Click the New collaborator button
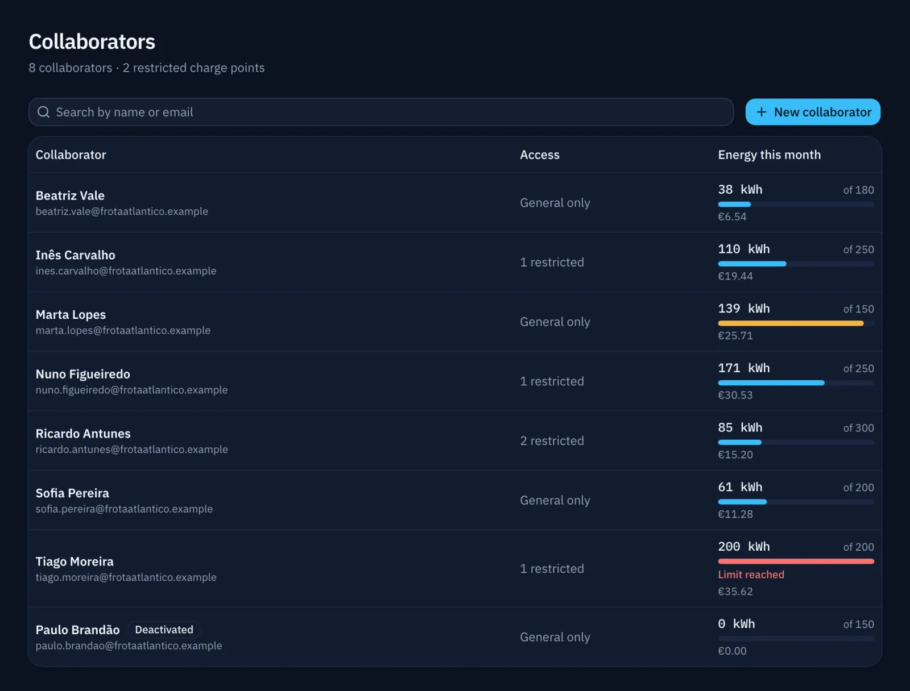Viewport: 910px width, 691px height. click(x=813, y=112)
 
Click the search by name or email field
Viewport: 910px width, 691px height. click(x=380, y=112)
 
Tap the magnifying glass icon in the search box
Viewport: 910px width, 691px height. click(x=44, y=112)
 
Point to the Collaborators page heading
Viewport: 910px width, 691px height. click(x=92, y=41)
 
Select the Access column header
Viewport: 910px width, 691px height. click(x=539, y=155)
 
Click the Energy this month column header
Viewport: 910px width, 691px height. click(x=769, y=155)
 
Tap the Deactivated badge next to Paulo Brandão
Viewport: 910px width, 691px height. click(x=164, y=629)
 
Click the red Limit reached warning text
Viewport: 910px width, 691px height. click(x=751, y=575)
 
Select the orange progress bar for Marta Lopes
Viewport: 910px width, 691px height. click(x=791, y=323)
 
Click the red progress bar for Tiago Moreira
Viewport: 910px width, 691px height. click(x=796, y=561)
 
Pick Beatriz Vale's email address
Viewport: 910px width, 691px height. click(x=122, y=211)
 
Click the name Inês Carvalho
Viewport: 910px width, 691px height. click(x=76, y=255)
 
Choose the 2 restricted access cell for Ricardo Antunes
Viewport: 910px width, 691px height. click(x=552, y=440)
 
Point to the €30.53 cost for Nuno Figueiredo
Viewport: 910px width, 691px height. click(x=735, y=395)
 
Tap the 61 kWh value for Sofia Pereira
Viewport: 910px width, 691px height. click(x=740, y=487)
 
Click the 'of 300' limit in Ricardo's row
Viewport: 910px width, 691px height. click(x=858, y=428)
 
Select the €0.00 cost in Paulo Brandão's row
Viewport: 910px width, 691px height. click(x=732, y=651)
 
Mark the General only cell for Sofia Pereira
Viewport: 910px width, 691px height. click(x=555, y=500)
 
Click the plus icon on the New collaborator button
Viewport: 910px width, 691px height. click(x=761, y=112)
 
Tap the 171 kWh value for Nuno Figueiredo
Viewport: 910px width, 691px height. click(x=744, y=368)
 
